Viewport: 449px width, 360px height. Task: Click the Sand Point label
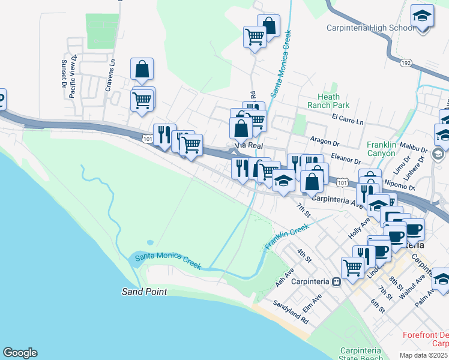click(143, 292)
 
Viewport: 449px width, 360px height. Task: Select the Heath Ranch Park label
click(329, 101)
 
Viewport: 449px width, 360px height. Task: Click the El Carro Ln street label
click(348, 121)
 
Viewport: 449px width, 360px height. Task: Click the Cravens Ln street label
click(110, 76)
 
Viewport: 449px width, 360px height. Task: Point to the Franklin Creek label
click(286, 236)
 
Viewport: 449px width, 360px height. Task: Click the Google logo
click(20, 353)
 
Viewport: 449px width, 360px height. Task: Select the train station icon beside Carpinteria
click(337, 281)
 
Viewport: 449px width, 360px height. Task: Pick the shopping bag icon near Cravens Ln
click(142, 70)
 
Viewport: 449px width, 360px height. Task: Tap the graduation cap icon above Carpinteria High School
click(423, 17)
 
